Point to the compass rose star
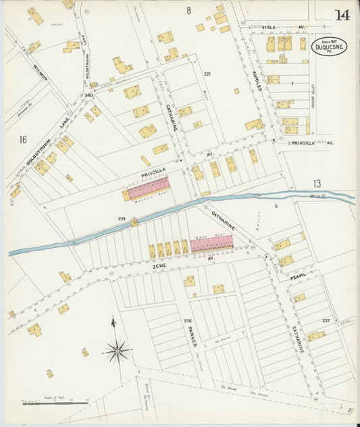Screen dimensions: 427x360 (x=118, y=350)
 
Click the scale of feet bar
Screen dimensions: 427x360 (x=55, y=403)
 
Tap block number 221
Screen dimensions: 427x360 (x=208, y=74)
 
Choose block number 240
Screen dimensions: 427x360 (x=88, y=96)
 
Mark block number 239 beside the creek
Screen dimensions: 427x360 (x=122, y=218)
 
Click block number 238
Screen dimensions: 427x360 (x=187, y=320)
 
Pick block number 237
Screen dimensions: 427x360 (x=326, y=320)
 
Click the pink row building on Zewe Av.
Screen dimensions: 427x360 (x=211, y=244)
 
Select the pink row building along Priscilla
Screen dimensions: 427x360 (x=149, y=189)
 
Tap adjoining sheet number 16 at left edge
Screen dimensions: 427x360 (x=22, y=140)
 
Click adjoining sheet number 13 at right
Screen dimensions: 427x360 (x=317, y=183)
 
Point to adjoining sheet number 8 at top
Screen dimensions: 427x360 (x=189, y=9)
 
